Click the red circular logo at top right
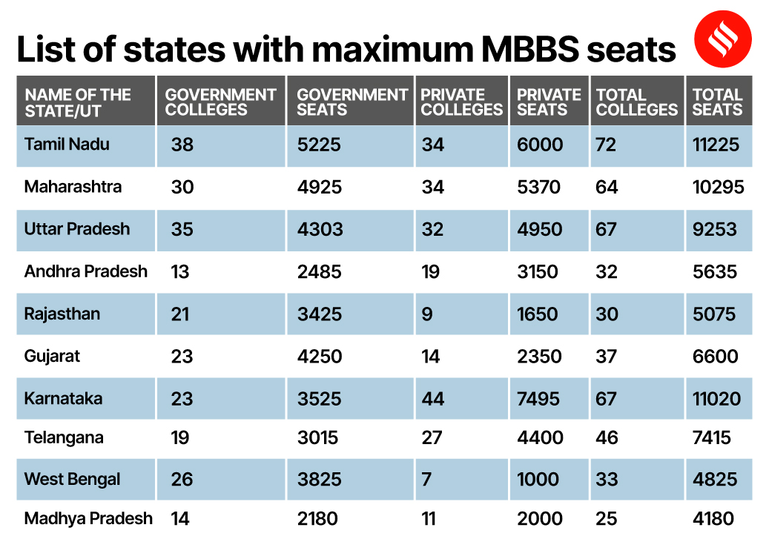coord(722,40)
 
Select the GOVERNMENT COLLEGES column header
coord(220,102)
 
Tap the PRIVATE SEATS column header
coord(549,102)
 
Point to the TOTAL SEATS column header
coord(717,102)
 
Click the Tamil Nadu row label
coord(67,144)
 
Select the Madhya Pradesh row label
coord(88,518)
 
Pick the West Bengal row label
coord(72,479)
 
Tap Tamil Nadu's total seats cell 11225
coord(716,145)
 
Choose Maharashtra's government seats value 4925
coord(320,187)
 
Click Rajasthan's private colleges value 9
coord(426,314)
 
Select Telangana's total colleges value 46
coord(607,438)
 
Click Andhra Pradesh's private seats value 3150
coord(538,272)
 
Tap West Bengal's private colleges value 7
coord(426,479)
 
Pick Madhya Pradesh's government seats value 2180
coord(317,519)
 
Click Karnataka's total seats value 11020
coord(716,399)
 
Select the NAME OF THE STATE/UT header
coord(77,102)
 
